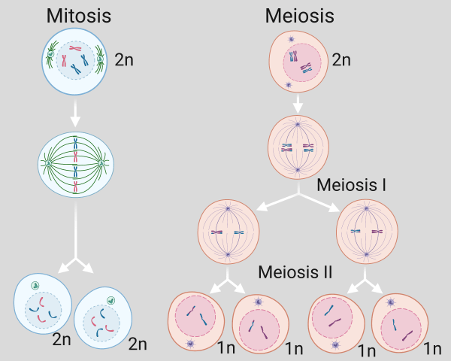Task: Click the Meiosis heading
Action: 299,16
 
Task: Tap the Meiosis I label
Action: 352,184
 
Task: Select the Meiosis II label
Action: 296,271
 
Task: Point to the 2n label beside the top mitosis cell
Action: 126,59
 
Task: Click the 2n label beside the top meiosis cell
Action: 341,59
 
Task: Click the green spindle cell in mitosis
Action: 75,162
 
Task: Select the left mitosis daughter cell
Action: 42,306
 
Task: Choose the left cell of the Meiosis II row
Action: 229,233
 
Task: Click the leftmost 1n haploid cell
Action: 195,320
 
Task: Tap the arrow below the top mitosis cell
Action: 74,113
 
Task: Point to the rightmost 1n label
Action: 432,347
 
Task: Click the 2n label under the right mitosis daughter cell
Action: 138,344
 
